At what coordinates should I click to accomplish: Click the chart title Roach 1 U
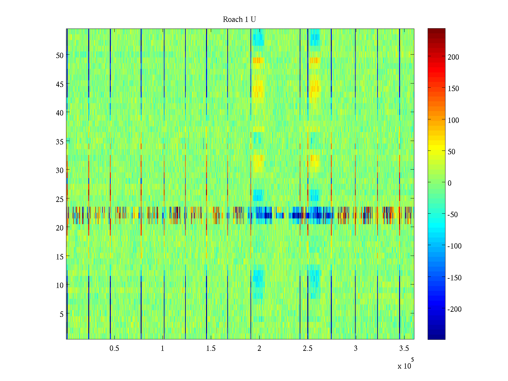pyautogui.click(x=239, y=19)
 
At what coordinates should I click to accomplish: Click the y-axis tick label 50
pyautogui.click(x=60, y=55)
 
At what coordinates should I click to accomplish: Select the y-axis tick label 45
pyautogui.click(x=60, y=84)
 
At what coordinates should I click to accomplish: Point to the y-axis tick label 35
pyautogui.click(x=60, y=142)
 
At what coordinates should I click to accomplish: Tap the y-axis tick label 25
pyautogui.click(x=60, y=199)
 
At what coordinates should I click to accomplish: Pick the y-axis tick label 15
pyautogui.click(x=60, y=257)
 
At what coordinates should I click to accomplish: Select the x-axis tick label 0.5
pyautogui.click(x=114, y=349)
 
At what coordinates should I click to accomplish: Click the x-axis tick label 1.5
pyautogui.click(x=211, y=349)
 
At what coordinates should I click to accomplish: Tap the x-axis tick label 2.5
pyautogui.click(x=307, y=349)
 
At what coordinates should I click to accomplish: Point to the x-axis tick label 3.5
pyautogui.click(x=404, y=349)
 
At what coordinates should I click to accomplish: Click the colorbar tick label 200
pyautogui.click(x=453, y=57)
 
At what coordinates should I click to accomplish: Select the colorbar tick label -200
pyautogui.click(x=455, y=309)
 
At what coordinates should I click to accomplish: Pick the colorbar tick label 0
pyautogui.click(x=450, y=183)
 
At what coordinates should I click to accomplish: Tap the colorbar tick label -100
pyautogui.click(x=455, y=246)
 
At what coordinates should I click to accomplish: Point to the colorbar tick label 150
pyautogui.click(x=453, y=89)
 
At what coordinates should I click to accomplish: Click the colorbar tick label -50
pyautogui.click(x=453, y=215)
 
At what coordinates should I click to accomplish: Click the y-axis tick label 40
pyautogui.click(x=60, y=113)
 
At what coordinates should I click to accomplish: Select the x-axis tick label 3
pyautogui.click(x=356, y=349)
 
